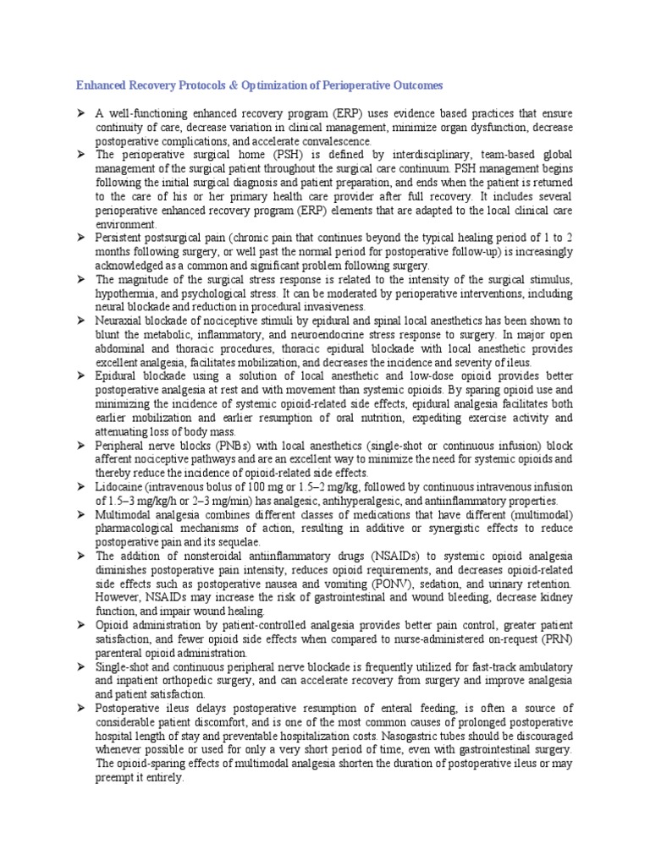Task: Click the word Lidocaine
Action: point(120,487)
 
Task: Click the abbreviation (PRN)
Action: point(558,639)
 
